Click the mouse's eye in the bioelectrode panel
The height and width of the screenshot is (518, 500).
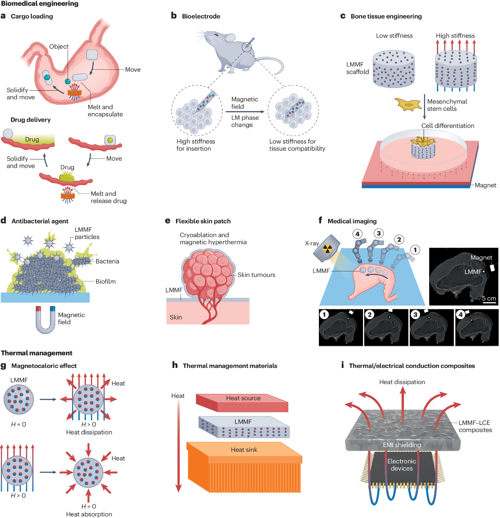pyautogui.click(x=217, y=35)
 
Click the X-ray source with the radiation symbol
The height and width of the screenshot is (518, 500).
pyautogui.click(x=327, y=248)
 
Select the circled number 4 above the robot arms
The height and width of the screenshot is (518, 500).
pyautogui.click(x=357, y=234)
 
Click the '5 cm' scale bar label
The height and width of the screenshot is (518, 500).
pyautogui.click(x=489, y=298)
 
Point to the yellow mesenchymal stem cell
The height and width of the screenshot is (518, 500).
pyautogui.click(x=407, y=104)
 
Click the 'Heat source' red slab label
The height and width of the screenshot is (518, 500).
pyautogui.click(x=243, y=398)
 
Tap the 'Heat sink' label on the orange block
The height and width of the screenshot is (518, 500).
pyautogui.click(x=244, y=450)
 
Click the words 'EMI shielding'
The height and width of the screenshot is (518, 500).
pyautogui.click(x=402, y=445)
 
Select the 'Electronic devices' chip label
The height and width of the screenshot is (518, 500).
pyautogui.click(x=402, y=465)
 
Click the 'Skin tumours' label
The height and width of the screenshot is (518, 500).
pyautogui.click(x=256, y=275)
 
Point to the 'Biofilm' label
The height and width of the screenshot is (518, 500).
pyautogui.click(x=106, y=282)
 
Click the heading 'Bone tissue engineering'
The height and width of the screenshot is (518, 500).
pyautogui.click(x=386, y=17)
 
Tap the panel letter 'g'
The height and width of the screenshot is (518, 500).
pyautogui.click(x=4, y=366)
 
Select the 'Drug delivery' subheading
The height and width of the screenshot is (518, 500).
pyautogui.click(x=31, y=120)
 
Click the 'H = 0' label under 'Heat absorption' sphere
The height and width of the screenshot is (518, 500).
pyautogui.click(x=89, y=506)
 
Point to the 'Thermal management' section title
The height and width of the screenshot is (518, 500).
pyautogui.click(x=37, y=353)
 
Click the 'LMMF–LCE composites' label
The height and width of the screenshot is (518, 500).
pyautogui.click(x=475, y=426)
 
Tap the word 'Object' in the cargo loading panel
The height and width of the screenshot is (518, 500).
pyautogui.click(x=59, y=46)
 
